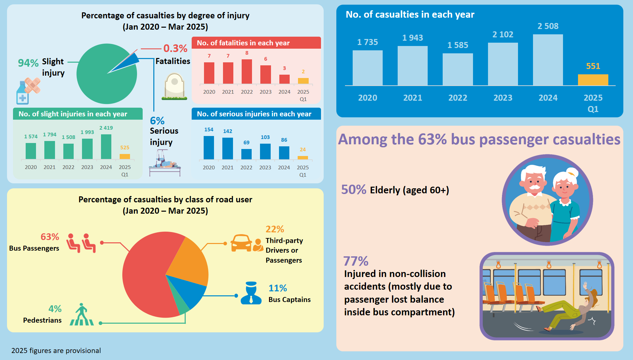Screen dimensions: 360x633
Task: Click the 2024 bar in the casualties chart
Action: (548, 60)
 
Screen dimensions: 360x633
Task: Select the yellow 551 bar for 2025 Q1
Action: (593, 80)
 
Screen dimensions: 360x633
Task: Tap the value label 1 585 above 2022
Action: (458, 45)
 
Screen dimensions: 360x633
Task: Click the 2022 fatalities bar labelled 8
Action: (247, 71)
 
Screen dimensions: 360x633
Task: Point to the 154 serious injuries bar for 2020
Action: (209, 148)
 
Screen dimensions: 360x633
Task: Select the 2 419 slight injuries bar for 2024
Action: (106, 147)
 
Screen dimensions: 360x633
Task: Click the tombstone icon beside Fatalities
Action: (174, 87)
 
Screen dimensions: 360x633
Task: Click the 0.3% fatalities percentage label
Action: (175, 49)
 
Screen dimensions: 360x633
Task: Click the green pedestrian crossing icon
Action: (82, 315)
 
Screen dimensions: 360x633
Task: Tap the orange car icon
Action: (241, 243)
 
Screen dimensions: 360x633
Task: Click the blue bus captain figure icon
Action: (251, 293)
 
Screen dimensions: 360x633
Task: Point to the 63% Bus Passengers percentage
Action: (50, 237)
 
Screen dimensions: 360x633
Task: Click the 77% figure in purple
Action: (356, 261)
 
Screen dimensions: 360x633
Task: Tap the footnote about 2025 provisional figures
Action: (56, 351)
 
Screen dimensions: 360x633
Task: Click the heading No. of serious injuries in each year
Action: (254, 114)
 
